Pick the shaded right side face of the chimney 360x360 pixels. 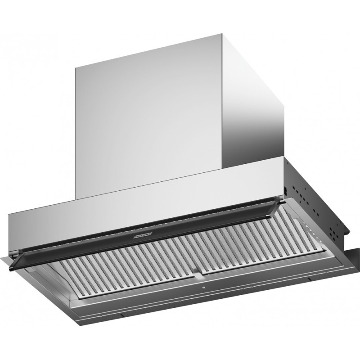click(x=254, y=112)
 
